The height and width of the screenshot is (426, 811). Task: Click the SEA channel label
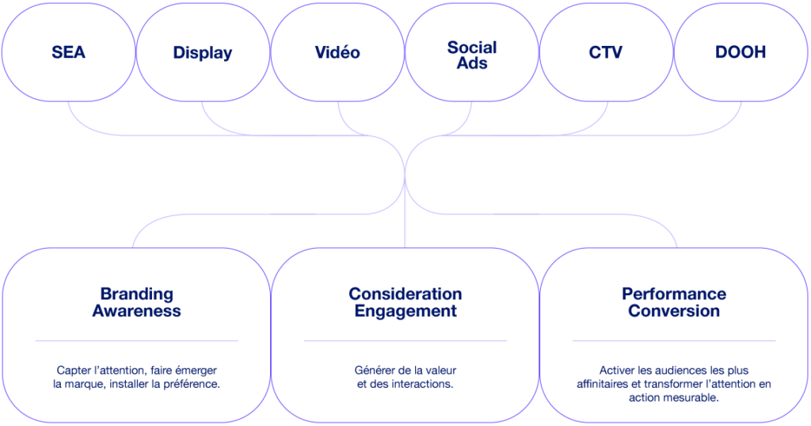click(x=69, y=53)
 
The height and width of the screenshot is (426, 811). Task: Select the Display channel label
click(x=203, y=53)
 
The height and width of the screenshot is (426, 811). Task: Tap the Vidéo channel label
click(x=337, y=53)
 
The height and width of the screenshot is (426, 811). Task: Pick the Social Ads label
click(x=472, y=54)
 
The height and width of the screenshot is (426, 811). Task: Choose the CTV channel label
click(x=606, y=53)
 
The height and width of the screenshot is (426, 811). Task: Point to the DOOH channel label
click(x=740, y=53)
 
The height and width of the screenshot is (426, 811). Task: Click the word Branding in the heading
click(x=136, y=294)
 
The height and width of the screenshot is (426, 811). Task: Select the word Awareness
click(x=136, y=310)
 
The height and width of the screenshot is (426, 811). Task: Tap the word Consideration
click(x=405, y=294)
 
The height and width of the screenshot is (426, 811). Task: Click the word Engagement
click(x=405, y=310)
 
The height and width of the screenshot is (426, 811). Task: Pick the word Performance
click(x=674, y=294)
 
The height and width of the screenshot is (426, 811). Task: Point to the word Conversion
click(x=674, y=310)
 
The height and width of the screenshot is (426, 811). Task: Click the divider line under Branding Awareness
click(x=136, y=340)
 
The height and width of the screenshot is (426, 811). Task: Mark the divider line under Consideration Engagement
click(x=405, y=340)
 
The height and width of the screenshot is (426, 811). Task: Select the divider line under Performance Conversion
click(x=674, y=340)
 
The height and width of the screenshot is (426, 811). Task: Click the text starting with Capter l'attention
click(x=136, y=376)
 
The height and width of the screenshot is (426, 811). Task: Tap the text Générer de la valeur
click(x=405, y=376)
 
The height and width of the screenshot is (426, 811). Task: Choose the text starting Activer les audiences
click(x=674, y=383)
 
